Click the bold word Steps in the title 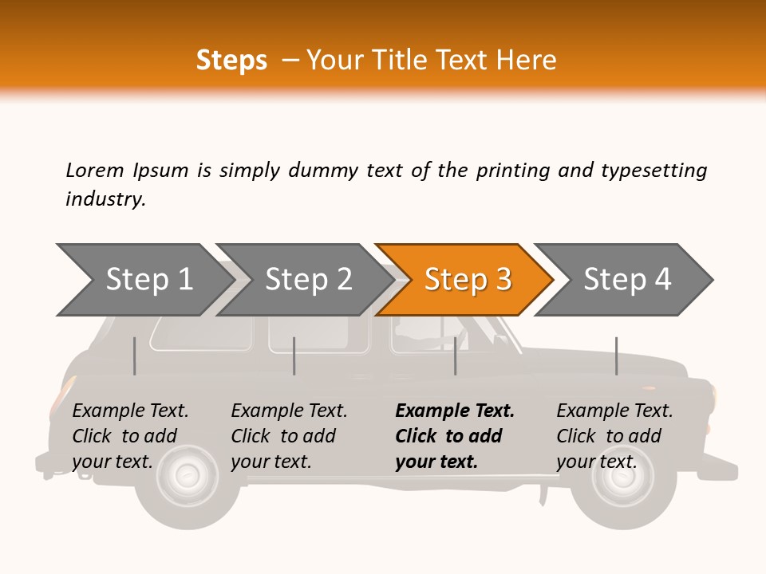231,61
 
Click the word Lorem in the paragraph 94,170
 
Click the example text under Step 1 130,436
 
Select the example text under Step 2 289,436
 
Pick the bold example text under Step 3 455,436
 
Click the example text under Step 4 614,436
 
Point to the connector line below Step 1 135,356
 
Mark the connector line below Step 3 455,356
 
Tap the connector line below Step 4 616,356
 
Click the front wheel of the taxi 623,478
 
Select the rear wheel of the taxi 188,478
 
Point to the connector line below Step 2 294,356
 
